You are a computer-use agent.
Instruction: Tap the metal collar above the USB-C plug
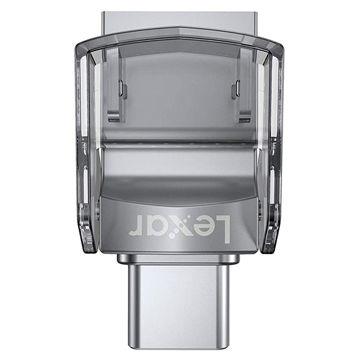coord(178,259)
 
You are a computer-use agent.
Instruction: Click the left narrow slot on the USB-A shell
coord(121,88)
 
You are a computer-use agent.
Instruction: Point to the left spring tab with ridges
coord(113,116)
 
